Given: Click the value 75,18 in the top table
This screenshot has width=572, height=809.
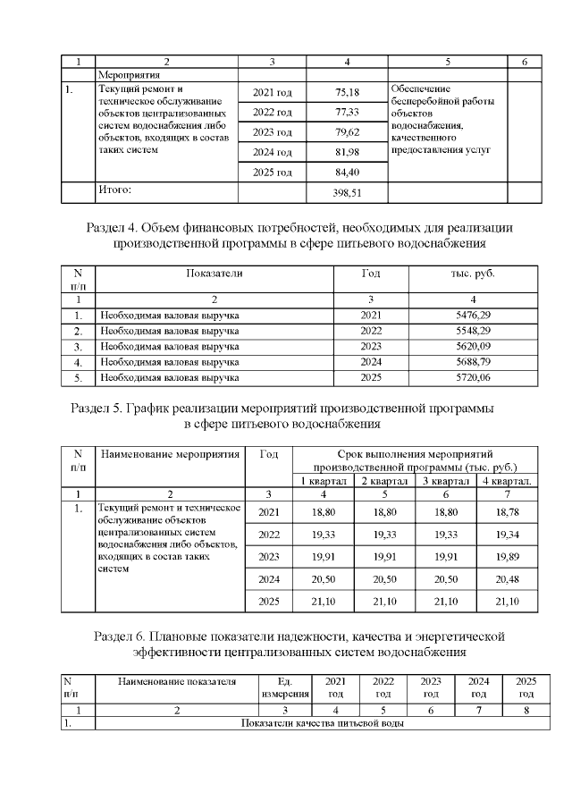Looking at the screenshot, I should point(346,93).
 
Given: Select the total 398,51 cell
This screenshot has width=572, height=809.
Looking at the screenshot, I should point(346,191).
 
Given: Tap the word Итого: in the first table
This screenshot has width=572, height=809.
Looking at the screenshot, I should point(114,190).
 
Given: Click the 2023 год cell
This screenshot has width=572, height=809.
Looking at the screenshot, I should point(273,132).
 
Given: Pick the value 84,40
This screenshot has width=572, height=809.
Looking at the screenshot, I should point(346,172).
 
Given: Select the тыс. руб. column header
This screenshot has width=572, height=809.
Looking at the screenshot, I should point(473,273).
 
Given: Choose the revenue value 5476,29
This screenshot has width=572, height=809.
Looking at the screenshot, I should point(473,316).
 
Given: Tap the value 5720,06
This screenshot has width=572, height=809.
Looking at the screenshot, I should point(473,378).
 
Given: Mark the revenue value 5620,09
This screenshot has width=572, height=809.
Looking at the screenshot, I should point(473,347).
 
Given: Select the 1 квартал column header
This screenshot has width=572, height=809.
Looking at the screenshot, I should point(324,482).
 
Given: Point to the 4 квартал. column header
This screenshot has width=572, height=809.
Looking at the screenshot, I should point(507,482).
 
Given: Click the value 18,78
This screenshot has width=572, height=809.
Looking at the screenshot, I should point(507,510).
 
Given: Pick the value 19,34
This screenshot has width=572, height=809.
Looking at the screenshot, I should point(507,534).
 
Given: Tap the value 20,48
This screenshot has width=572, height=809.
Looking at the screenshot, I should point(507,579).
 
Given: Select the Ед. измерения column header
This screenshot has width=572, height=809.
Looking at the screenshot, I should point(285,687).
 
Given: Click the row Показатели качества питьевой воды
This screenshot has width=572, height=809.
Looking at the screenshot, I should point(324,723).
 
